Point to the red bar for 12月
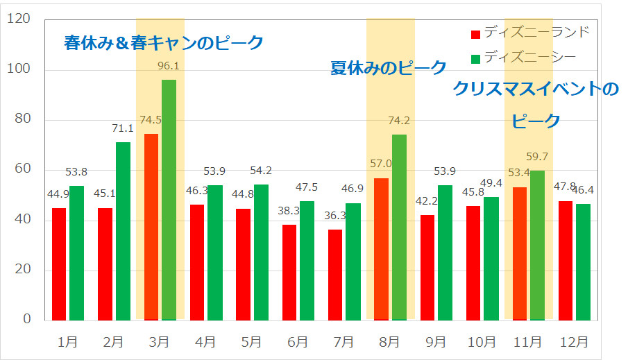566,260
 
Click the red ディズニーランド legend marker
475,34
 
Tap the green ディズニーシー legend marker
475,56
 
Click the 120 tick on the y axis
19,19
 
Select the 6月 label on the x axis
297,342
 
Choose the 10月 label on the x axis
481,342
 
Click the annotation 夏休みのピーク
388,68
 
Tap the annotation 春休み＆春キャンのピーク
164,43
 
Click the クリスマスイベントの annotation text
535,89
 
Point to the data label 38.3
289,211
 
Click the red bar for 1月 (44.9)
59,264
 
